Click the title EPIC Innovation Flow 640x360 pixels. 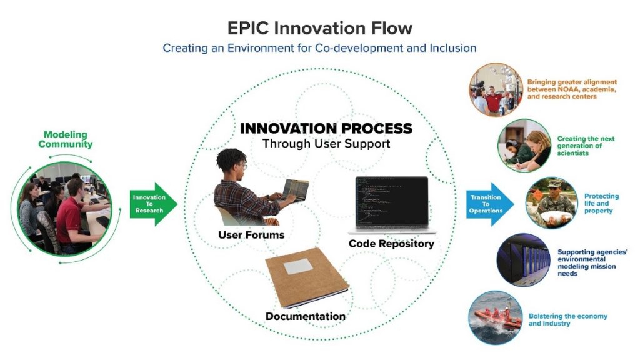coord(319,28)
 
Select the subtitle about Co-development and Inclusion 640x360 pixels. coord(319,48)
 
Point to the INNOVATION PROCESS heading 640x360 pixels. coord(326,129)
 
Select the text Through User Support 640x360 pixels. coord(326,144)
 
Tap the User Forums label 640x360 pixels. coord(251,235)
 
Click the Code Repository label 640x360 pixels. coord(391,244)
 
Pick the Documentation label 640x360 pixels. coord(305,316)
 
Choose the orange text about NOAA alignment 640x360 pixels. coord(571,89)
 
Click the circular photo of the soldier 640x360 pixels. coord(550,202)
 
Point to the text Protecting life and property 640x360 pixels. coord(601,204)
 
